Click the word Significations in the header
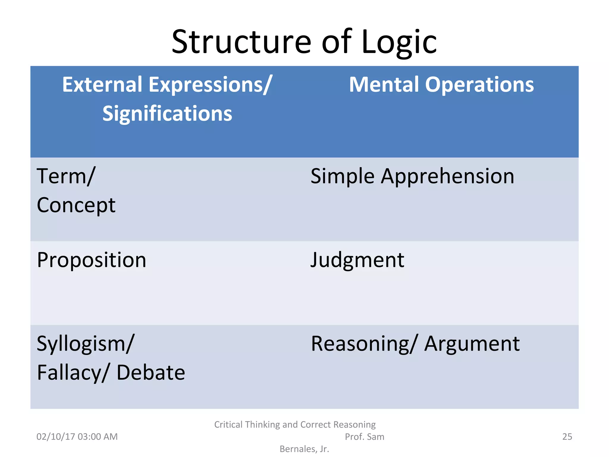pyautogui.click(x=167, y=114)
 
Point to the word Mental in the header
pyautogui.click(x=384, y=85)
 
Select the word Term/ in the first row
pyautogui.click(x=66, y=177)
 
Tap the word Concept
pyautogui.click(x=76, y=206)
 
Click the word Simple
pyautogui.click(x=342, y=177)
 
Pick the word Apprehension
pyautogui.click(x=448, y=177)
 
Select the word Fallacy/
pyautogui.click(x=73, y=373)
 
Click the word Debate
pyautogui.click(x=151, y=373)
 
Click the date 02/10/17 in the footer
pyautogui.click(x=55, y=437)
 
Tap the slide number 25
pyautogui.click(x=567, y=437)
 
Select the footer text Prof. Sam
pyautogui.click(x=364, y=437)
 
